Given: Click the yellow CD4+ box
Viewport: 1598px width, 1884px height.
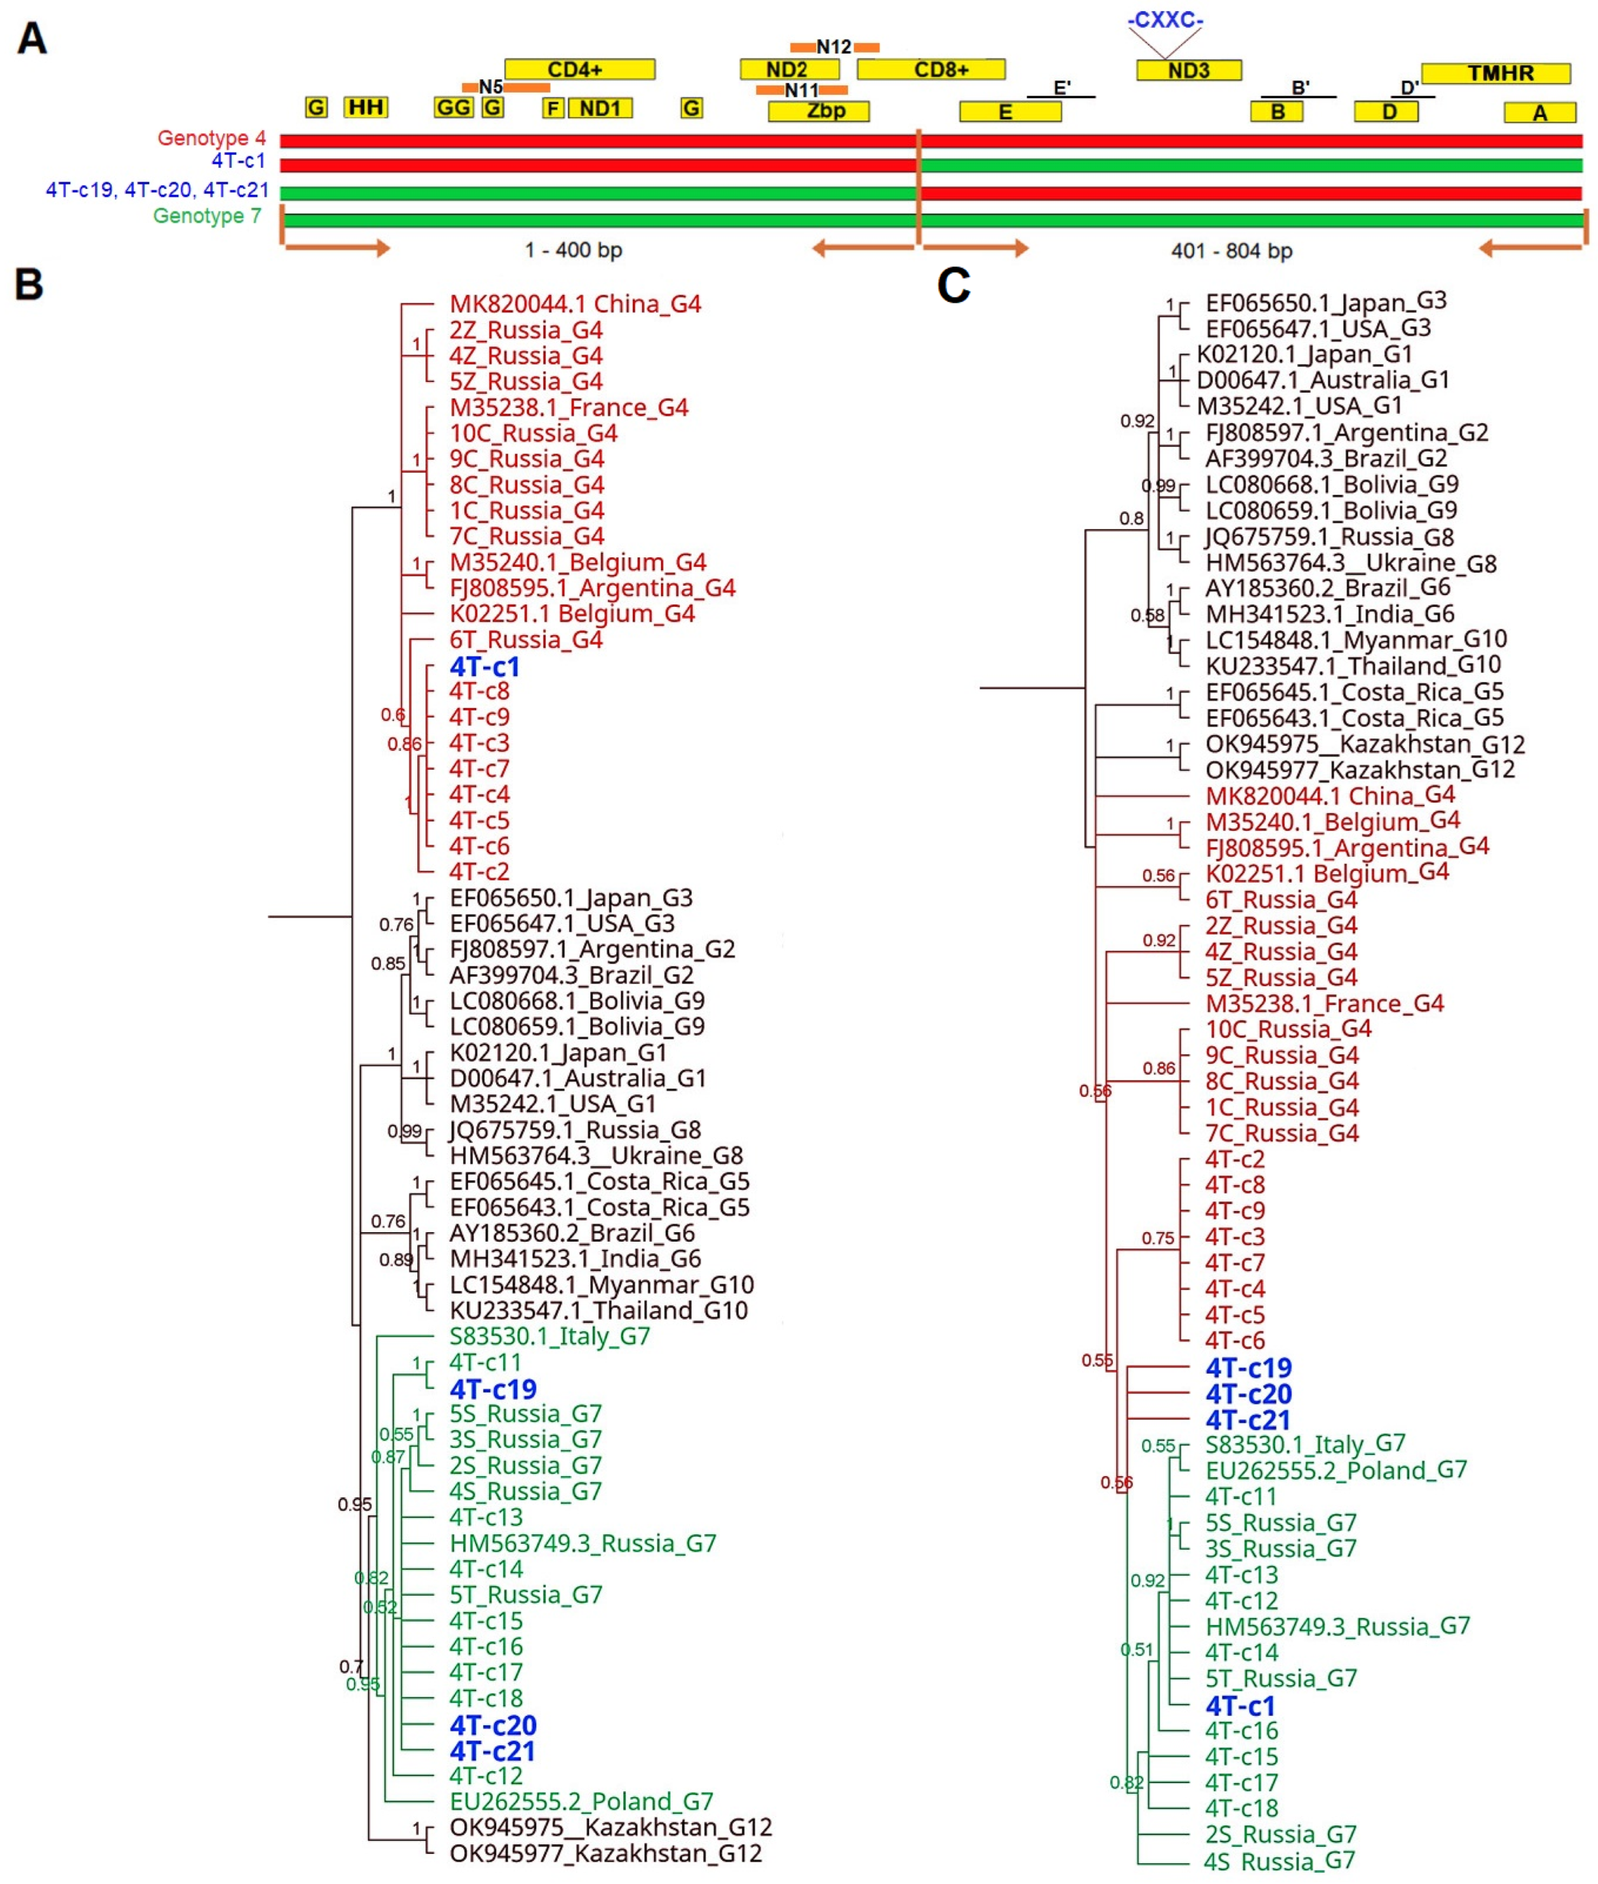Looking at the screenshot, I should coord(579,70).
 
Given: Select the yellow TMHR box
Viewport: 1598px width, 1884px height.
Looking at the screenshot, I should coord(1496,73).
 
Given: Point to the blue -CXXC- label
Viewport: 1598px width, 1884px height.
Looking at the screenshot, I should coord(1165,20).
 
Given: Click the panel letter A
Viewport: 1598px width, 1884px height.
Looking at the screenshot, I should coord(32,39).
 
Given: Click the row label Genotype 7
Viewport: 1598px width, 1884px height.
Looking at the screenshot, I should coord(208,215).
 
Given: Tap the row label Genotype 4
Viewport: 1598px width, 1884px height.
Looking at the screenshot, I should coord(212,138).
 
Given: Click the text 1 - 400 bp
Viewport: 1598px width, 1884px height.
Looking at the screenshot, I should coord(574,250).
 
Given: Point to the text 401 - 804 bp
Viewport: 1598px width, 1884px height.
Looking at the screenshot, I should coord(1231,251).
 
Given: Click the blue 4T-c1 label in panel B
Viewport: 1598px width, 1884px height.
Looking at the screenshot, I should coord(484,667).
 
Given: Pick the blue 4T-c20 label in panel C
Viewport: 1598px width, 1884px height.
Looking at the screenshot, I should coord(1248,1394).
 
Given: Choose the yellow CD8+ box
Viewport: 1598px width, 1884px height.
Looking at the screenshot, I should coord(931,70).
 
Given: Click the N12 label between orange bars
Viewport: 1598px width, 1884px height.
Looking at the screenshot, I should coord(833,46).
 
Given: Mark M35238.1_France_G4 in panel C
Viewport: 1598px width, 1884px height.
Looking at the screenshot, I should coord(1324,1003).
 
